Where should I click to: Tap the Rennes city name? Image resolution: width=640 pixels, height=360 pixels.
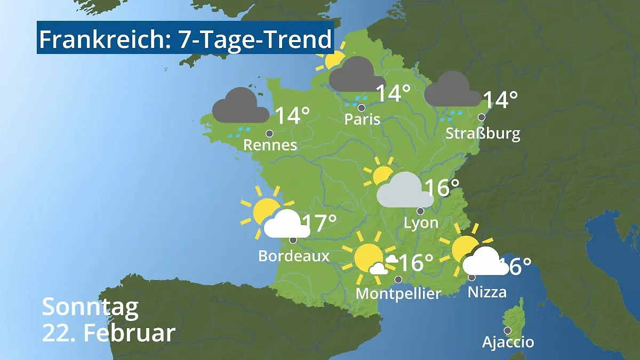(x=270, y=145)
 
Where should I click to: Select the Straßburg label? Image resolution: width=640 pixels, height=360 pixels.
(x=483, y=133)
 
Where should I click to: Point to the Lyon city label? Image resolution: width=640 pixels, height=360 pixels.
(x=421, y=222)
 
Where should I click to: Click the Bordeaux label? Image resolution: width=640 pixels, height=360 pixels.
(x=293, y=256)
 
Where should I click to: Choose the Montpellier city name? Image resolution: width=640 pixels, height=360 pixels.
(x=398, y=293)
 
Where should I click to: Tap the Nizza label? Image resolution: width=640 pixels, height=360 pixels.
(x=487, y=291)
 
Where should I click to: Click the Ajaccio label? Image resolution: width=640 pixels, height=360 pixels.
(x=508, y=342)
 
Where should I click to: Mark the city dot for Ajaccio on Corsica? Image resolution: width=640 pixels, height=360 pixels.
(x=507, y=330)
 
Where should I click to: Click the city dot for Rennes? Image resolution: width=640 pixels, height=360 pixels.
(x=269, y=133)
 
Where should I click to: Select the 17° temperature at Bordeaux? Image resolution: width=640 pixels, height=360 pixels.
(x=319, y=224)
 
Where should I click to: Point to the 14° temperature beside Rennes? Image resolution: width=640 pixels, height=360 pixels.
(x=292, y=116)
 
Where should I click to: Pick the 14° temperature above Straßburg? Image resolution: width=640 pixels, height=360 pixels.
(x=500, y=100)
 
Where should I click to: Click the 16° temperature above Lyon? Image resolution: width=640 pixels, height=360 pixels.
(x=442, y=188)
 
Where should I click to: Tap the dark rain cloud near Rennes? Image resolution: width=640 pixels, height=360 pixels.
(x=240, y=106)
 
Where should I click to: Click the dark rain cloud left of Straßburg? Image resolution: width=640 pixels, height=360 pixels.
(x=453, y=90)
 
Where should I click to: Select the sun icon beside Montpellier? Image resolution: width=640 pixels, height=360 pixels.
(x=369, y=257)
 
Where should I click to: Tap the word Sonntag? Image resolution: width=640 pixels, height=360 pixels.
(x=90, y=308)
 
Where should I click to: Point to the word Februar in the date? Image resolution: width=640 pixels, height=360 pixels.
(x=130, y=333)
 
